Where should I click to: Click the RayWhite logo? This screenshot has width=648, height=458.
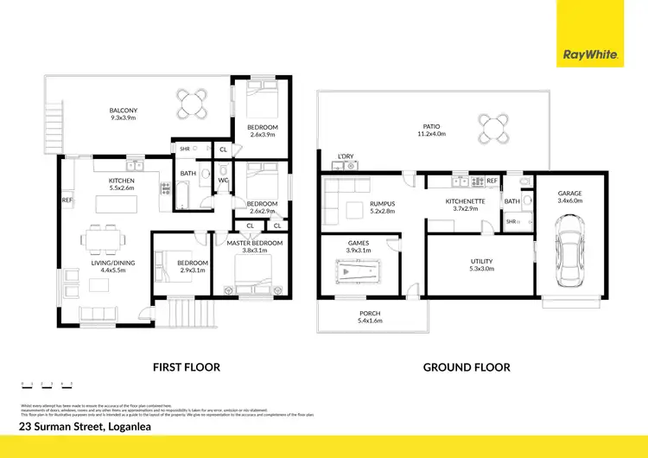[x=590, y=54]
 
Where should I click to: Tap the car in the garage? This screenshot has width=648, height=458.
[x=569, y=251]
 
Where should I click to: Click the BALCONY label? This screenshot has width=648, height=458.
[x=124, y=111]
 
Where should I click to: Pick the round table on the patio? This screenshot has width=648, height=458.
[x=492, y=129]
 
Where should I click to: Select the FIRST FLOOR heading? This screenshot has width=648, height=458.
[x=186, y=367]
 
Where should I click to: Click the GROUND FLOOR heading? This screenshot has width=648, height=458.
[x=466, y=367]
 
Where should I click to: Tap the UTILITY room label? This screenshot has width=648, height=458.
[x=481, y=260]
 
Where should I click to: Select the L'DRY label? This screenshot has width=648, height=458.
[x=346, y=156]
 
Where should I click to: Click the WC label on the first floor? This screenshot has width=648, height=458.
[x=222, y=180]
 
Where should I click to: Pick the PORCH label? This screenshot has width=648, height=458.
[x=370, y=313]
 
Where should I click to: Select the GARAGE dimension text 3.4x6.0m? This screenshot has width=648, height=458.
[x=570, y=200]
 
